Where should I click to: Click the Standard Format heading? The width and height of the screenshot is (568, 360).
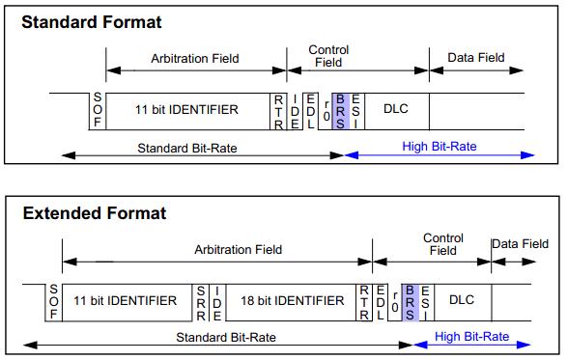pos(92,21)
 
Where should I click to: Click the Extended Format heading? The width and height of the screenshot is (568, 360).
pos(94,212)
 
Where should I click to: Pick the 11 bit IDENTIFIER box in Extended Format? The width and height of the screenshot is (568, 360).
pos(126,300)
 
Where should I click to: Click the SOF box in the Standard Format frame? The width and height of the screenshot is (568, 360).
pos(98,110)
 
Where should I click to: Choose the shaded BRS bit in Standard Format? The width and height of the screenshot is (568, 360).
pos(339,112)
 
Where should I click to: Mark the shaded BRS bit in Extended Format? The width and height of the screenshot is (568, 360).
pos(411,302)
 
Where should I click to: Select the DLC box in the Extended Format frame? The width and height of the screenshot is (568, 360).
pos(462,300)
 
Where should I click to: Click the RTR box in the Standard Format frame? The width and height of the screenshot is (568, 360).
pos(279,111)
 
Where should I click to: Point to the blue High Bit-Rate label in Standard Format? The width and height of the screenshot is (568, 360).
pos(440,147)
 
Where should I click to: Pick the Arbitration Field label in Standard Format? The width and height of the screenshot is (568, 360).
pos(196,58)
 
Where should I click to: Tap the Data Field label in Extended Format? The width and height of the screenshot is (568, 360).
pos(526,245)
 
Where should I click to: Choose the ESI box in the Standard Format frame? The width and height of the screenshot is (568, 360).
pos(355,111)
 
